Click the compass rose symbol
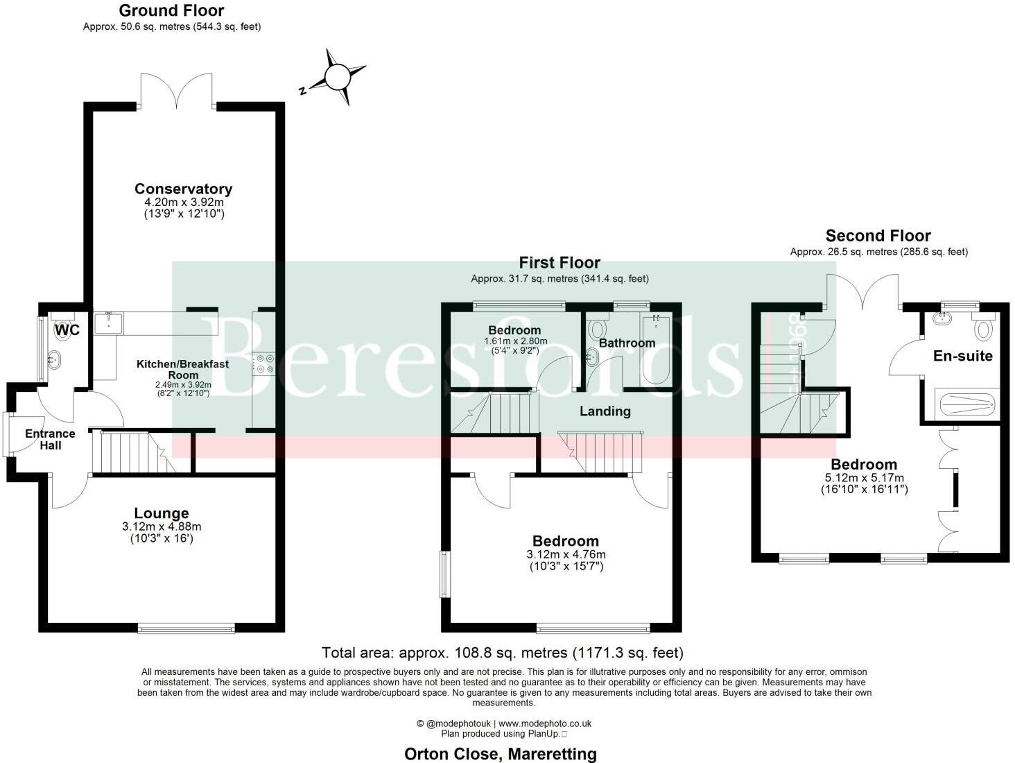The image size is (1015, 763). pyautogui.click(x=338, y=77)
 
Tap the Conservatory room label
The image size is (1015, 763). pyautogui.click(x=183, y=189)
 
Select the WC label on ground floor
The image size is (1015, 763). pyautogui.click(x=67, y=330)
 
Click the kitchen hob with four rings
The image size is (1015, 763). pyautogui.click(x=265, y=364)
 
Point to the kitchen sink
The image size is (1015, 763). pyautogui.click(x=108, y=323)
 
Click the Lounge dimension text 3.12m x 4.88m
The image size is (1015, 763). pyautogui.click(x=161, y=527)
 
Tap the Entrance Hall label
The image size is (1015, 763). pyautogui.click(x=50, y=439)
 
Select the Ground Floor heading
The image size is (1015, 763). pyautogui.click(x=171, y=10)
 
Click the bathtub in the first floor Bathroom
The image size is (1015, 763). pyautogui.click(x=655, y=350)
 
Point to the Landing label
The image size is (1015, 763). pyautogui.click(x=605, y=411)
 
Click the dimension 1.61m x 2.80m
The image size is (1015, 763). pyautogui.click(x=515, y=341)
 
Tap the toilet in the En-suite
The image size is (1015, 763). pyautogui.click(x=984, y=327)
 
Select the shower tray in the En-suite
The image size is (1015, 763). pyautogui.click(x=964, y=403)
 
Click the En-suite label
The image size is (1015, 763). pyautogui.click(x=962, y=356)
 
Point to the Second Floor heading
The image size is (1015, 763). pyautogui.click(x=878, y=236)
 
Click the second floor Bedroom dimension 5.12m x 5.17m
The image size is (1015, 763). pyautogui.click(x=864, y=478)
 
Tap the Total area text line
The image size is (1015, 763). pyautogui.click(x=503, y=653)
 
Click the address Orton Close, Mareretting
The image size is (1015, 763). pyautogui.click(x=500, y=753)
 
